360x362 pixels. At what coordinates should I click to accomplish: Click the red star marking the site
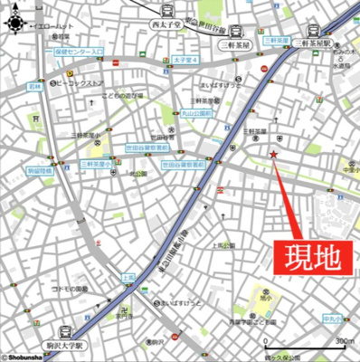[x=273, y=155]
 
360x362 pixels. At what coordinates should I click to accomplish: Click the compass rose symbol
[x=17, y=25]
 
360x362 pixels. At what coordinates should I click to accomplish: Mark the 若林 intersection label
[x=33, y=87]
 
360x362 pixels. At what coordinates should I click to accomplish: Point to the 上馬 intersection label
[x=128, y=276]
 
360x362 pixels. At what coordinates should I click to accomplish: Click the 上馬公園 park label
[x=223, y=245]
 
